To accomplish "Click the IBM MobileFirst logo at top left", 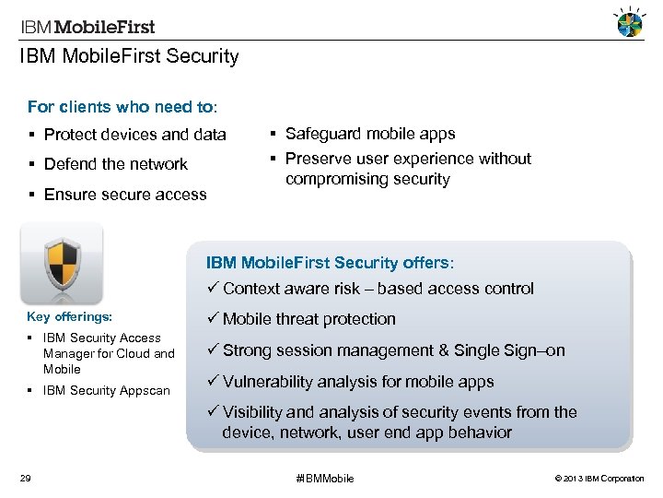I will pos(87,27).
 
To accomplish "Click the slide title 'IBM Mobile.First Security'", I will pos(129,57).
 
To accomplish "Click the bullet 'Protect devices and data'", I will pos(134,135).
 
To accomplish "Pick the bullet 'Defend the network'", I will pos(115,164).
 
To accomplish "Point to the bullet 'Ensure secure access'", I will pos(124,194).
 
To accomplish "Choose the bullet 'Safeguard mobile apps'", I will pos(369,134).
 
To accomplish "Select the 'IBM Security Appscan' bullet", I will pos(106,390).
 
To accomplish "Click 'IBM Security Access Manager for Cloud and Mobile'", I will pos(108,353).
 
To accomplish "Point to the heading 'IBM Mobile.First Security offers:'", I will pos(330,263).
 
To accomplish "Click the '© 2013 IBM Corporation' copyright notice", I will pos(601,479).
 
